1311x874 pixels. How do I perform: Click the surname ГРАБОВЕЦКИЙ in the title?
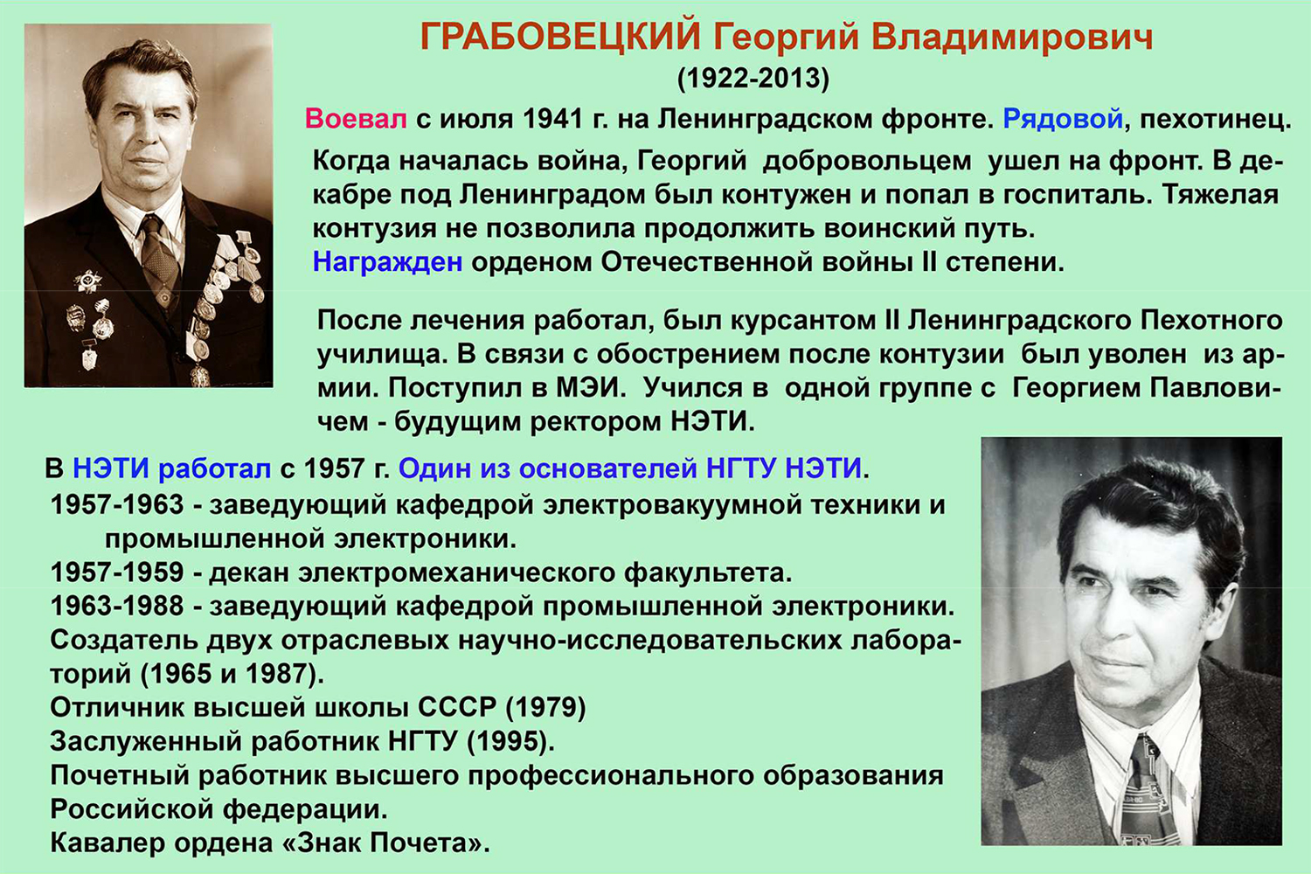(560, 37)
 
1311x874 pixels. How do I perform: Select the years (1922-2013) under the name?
(753, 79)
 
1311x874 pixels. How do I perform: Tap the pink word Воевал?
(356, 119)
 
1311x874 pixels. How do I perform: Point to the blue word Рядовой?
(1063, 119)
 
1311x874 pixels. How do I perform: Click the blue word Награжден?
(387, 262)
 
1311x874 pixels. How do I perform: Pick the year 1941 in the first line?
(552, 119)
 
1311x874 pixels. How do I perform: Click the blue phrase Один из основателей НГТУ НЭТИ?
(630, 468)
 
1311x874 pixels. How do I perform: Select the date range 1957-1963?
(117, 504)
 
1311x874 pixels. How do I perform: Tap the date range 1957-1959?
(117, 572)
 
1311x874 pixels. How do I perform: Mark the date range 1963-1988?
(117, 606)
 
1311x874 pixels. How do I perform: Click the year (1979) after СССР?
(545, 708)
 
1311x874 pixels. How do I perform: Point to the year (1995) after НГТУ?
(510, 742)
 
